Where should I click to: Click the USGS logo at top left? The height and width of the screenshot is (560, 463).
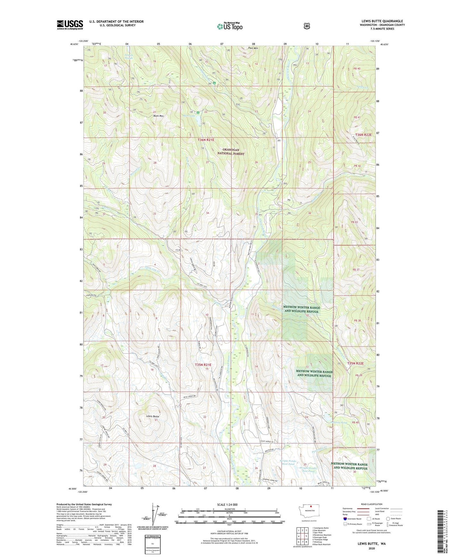tap(70, 25)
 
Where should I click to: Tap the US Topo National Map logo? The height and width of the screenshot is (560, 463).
tap(229, 26)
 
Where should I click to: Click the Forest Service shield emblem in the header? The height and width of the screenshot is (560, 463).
tap(307, 26)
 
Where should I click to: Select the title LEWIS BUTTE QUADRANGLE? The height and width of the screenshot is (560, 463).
tap(382, 21)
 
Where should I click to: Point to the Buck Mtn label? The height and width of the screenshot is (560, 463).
tap(158, 116)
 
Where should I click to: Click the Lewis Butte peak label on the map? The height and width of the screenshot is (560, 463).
tap(152, 416)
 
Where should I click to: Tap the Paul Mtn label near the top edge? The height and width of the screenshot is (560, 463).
tap(253, 48)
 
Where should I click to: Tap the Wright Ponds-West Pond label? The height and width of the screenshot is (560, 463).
tap(287, 462)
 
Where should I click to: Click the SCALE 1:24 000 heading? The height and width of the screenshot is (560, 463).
tap(227, 505)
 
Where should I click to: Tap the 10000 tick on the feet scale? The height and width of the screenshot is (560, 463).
tap(282, 522)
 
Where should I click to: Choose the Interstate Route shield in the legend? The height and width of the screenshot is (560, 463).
tap(345, 519)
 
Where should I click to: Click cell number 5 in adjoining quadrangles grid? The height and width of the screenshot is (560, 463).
tap(307, 536)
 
